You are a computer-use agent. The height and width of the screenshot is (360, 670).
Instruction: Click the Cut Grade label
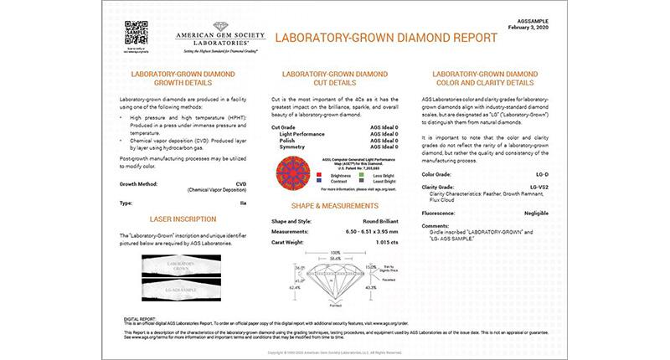coord(288,126)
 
